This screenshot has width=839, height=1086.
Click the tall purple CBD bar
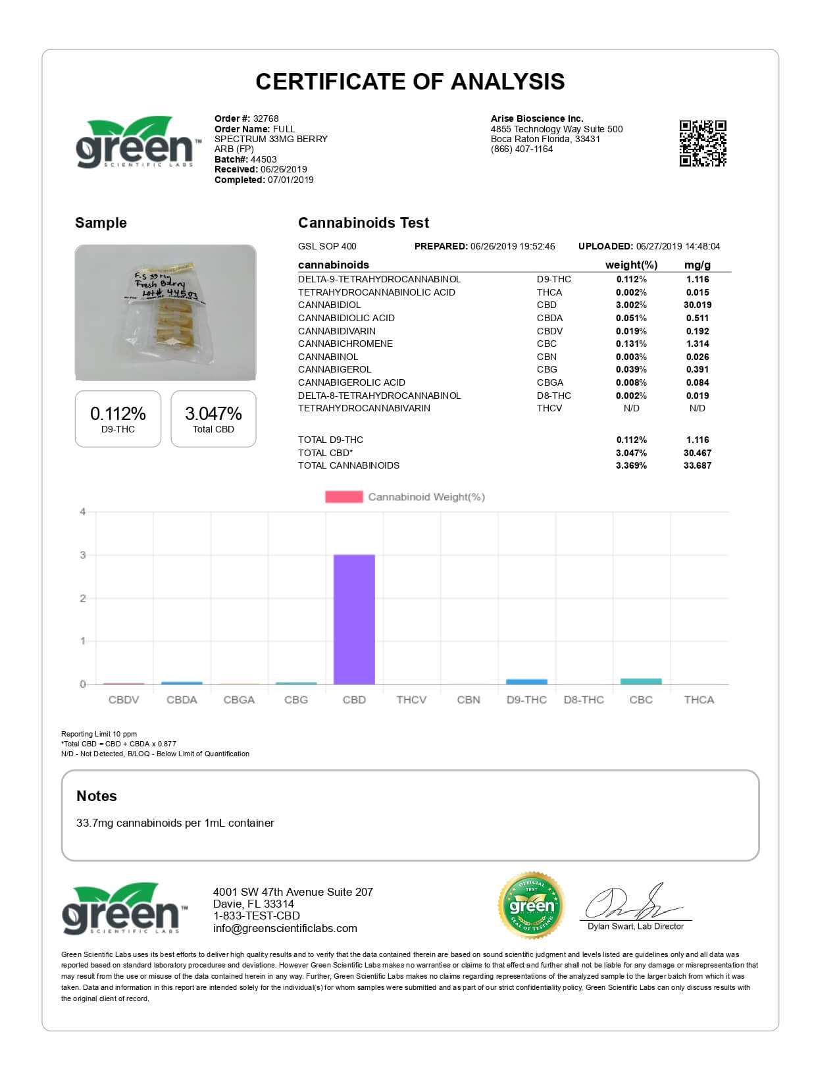(354, 619)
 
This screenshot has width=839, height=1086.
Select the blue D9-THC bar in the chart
(526, 682)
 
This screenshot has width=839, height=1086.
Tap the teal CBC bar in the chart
(641, 681)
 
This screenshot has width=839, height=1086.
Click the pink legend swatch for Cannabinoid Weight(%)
(343, 497)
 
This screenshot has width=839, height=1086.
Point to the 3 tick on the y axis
(83, 555)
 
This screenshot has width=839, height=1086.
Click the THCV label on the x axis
(411, 700)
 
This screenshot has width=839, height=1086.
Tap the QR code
(703, 143)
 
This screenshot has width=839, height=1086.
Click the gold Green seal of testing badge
(532, 906)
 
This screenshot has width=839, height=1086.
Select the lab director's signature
(632, 903)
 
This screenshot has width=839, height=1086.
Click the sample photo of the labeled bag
(165, 313)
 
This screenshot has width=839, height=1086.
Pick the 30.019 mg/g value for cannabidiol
(698, 305)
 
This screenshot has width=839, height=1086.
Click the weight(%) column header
(631, 265)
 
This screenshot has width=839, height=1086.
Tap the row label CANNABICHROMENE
(345, 344)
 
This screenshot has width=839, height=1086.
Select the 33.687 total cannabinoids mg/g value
(698, 465)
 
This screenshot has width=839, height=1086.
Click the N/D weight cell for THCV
(631, 408)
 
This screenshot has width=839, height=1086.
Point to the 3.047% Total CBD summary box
(213, 419)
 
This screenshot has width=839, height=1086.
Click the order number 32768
(266, 118)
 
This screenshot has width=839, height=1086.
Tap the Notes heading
(97, 796)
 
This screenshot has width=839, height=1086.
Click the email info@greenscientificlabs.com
(285, 928)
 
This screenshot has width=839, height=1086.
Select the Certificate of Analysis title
(410, 82)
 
